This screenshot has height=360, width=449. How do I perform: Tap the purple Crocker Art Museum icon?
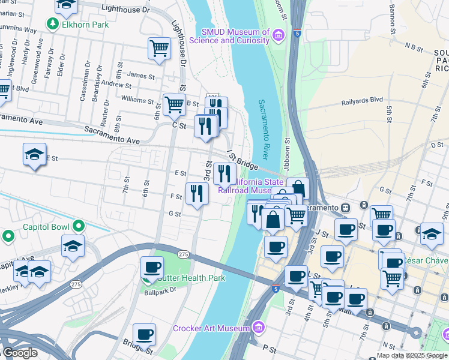click(x=259, y=328)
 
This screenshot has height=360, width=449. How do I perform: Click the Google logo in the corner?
click(x=20, y=352)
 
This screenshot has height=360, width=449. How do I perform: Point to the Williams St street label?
click(x=137, y=98)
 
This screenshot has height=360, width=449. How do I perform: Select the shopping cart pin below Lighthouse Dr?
click(x=159, y=49)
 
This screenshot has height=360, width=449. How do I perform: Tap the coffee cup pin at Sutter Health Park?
click(x=152, y=268)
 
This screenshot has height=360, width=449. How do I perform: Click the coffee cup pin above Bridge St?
click(x=144, y=335)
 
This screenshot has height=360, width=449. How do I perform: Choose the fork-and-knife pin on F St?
click(x=197, y=193)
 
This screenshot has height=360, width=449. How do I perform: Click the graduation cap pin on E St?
click(x=35, y=155)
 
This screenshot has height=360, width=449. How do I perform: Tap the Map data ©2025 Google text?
click(x=412, y=355)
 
